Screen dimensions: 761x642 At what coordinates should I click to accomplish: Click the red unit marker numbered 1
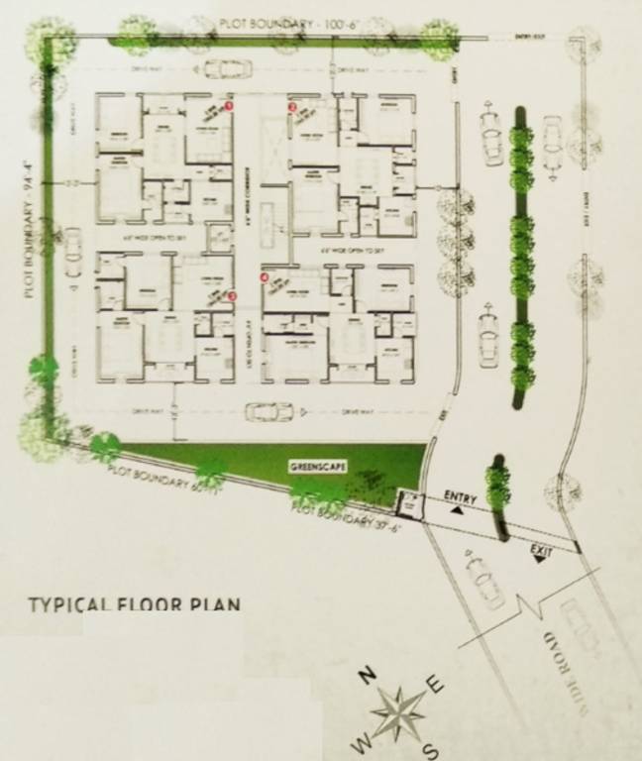(230, 104)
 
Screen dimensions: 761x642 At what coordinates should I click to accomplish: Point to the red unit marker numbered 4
(264, 278)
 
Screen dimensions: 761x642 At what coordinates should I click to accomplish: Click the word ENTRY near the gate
(461, 495)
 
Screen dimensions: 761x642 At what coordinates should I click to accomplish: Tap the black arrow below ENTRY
(457, 509)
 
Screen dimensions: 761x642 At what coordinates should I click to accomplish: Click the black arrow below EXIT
(541, 559)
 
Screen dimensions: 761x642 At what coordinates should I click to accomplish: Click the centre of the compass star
(401, 711)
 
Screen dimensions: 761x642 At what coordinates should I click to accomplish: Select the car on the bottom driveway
(267, 410)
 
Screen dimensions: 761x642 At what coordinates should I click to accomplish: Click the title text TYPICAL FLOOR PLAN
(134, 603)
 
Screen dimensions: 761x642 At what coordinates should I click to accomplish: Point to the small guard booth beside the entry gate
(407, 504)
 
